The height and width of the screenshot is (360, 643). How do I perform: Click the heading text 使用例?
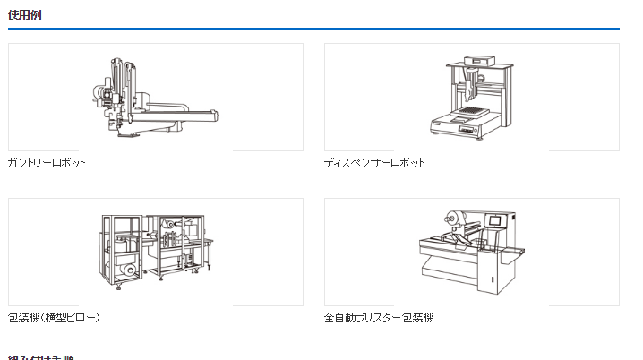(x=24, y=15)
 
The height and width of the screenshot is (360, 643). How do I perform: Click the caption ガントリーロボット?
(x=47, y=163)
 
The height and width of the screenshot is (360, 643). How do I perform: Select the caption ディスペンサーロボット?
(x=374, y=163)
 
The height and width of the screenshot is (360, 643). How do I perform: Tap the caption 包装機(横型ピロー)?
(x=54, y=318)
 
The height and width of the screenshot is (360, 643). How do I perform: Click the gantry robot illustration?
(x=154, y=99)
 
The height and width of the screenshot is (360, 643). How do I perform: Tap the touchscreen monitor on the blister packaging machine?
(x=494, y=220)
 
